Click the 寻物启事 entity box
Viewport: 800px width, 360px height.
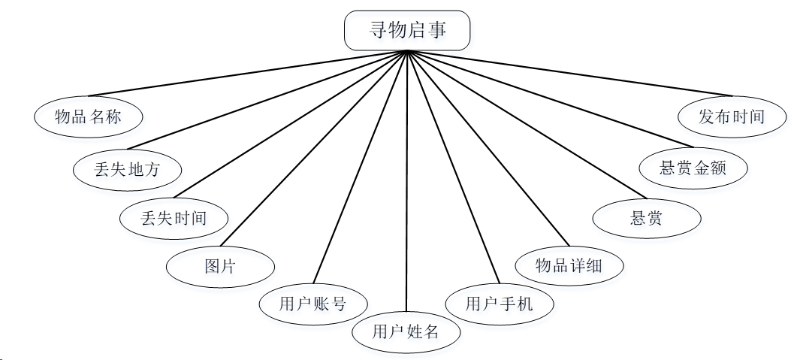click(x=407, y=30)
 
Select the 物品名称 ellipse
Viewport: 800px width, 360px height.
click(x=89, y=116)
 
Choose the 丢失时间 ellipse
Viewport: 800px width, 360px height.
click(x=174, y=218)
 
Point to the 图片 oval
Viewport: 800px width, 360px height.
click(x=220, y=266)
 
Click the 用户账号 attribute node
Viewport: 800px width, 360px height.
click(x=313, y=304)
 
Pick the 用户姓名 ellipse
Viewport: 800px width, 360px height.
click(x=406, y=331)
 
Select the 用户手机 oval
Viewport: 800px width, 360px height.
click(x=500, y=304)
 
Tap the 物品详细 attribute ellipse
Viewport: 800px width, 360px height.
click(x=569, y=265)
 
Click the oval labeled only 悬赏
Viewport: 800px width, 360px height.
click(x=647, y=219)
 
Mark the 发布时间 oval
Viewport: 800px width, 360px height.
click(x=732, y=116)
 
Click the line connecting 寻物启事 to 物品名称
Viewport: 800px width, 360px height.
click(x=248, y=74)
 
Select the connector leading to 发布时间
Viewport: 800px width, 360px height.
click(x=569, y=74)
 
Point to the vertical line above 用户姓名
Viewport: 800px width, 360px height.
click(x=406, y=180)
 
